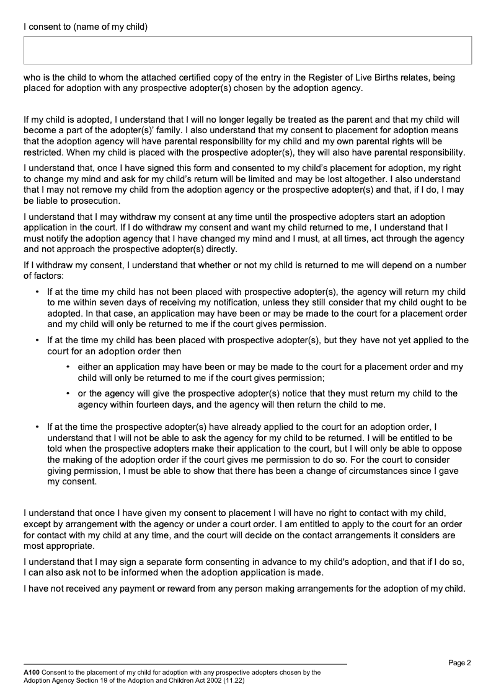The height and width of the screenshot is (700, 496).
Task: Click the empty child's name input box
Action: click(x=247, y=50)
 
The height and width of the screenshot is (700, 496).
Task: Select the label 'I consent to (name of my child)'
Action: click(x=86, y=27)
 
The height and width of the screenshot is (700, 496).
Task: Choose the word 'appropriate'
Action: click(x=68, y=546)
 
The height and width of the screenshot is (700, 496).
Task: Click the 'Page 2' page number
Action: click(x=460, y=663)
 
